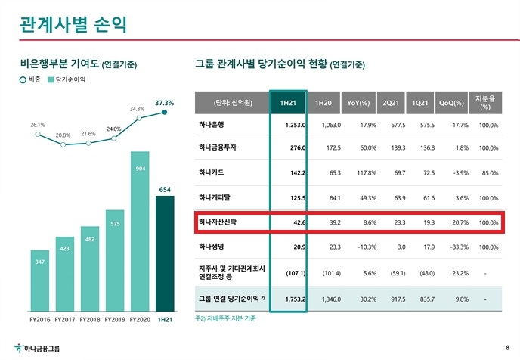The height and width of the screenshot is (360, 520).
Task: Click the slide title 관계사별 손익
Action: [x=73, y=23]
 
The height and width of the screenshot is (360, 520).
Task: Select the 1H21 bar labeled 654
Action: [x=164, y=253]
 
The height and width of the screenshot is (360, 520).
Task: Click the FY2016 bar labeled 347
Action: [x=41, y=280]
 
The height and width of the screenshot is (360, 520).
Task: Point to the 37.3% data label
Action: [x=164, y=102]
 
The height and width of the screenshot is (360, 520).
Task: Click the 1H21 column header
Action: [x=288, y=102]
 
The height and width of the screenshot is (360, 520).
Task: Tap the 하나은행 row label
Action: [x=212, y=124]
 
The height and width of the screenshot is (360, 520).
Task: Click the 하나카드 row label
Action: [x=212, y=173]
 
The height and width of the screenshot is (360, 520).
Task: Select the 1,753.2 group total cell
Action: [x=292, y=299]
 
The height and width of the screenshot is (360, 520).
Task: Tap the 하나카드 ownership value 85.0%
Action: [x=488, y=173]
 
